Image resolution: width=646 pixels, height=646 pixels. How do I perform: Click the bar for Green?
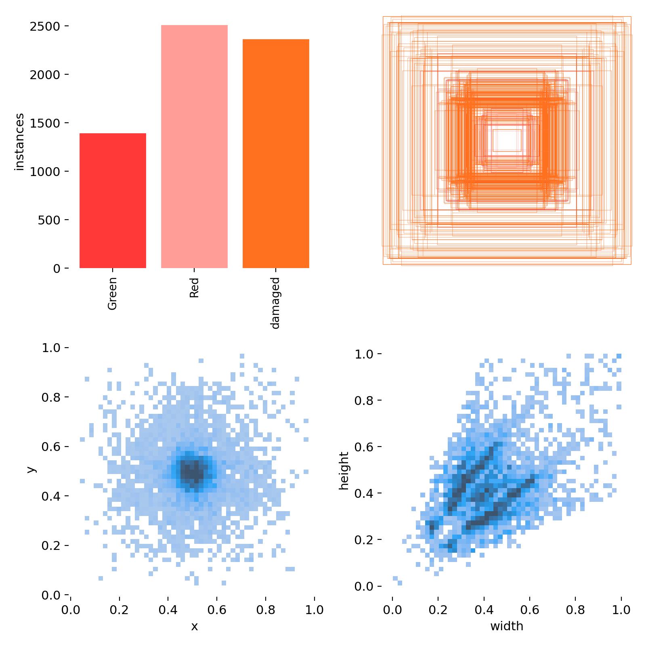tap(113, 201)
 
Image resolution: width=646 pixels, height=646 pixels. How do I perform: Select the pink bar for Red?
tap(194, 147)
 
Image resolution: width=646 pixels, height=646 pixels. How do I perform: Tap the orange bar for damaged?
tap(276, 153)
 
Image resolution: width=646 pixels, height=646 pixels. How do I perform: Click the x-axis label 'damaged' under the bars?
tap(275, 303)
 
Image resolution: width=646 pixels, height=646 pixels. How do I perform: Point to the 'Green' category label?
tap(113, 293)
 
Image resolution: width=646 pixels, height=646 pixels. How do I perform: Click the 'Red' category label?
tap(194, 287)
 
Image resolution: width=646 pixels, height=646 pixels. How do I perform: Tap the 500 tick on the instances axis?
tap(49, 220)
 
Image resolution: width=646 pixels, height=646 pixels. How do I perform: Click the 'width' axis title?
tap(507, 626)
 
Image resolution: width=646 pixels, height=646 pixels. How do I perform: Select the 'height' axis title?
tap(344, 470)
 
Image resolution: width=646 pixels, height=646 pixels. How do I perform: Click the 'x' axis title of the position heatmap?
tap(194, 626)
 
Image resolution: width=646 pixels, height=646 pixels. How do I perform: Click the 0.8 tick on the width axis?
tap(575, 609)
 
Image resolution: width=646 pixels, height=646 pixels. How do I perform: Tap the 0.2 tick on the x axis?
tap(120, 609)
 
